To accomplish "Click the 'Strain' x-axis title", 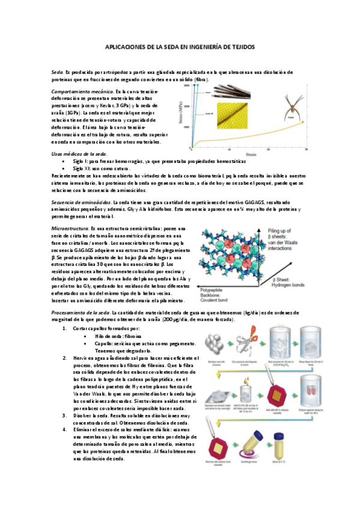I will coord(248,155).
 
